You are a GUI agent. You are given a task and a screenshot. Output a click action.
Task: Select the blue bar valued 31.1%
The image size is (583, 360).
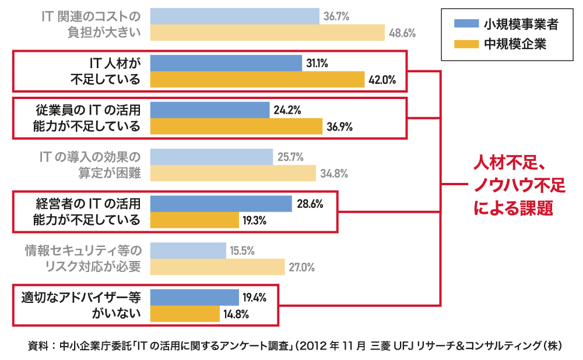[226, 63]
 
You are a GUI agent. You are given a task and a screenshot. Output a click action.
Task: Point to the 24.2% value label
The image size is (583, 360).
[288, 110]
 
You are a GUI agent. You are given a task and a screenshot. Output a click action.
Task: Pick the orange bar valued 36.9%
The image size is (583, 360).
[236, 126]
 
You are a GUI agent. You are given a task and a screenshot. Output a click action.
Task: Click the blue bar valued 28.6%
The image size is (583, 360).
[221, 203]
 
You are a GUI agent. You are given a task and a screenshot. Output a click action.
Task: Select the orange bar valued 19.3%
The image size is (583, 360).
[194, 220]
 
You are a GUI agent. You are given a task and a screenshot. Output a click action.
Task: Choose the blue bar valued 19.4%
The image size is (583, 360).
[194, 297]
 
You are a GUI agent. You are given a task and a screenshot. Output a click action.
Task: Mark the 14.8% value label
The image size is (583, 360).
[236, 315]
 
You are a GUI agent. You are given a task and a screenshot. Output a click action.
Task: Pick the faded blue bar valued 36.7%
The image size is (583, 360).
[234, 16]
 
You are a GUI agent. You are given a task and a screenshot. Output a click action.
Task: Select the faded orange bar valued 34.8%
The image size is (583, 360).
[233, 173]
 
